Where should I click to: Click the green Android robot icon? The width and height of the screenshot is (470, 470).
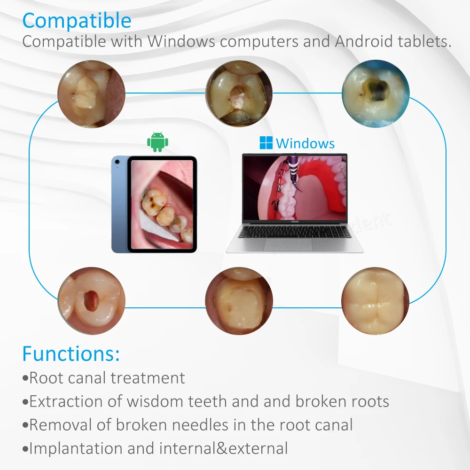(157, 142)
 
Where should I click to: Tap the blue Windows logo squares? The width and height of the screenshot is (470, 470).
(266, 143)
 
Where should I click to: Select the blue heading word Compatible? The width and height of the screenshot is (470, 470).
(77, 21)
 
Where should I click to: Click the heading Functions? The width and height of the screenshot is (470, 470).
(71, 353)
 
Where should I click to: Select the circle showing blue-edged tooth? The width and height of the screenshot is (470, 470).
(375, 94)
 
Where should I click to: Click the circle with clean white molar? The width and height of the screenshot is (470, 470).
(375, 301)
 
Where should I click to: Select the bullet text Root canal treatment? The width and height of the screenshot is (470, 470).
(107, 377)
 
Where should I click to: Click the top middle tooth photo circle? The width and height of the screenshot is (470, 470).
(240, 93)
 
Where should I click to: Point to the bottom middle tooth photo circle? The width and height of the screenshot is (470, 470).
(239, 301)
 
